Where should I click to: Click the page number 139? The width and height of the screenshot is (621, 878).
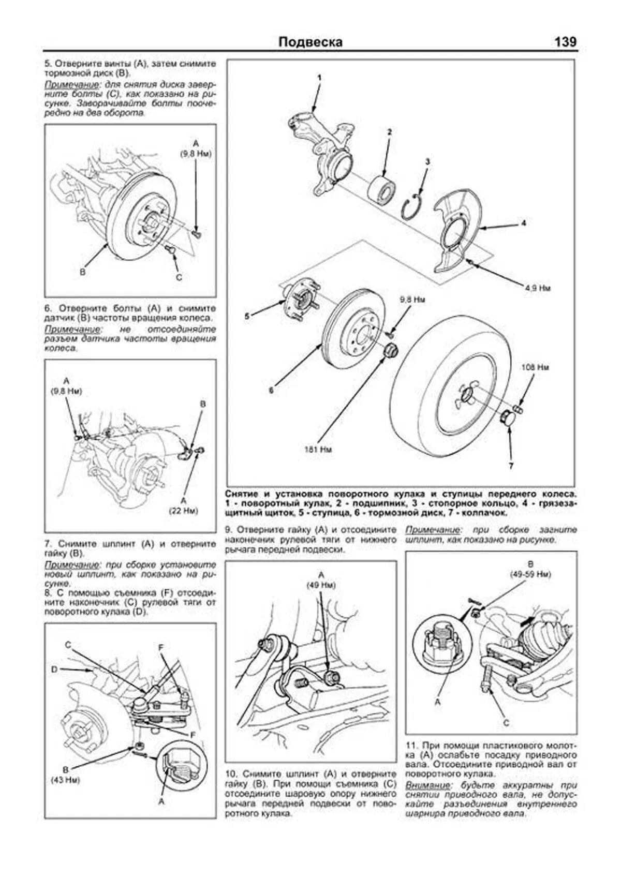(565, 42)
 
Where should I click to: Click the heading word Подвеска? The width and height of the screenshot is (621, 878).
(310, 42)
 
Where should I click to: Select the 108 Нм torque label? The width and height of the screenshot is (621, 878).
(535, 367)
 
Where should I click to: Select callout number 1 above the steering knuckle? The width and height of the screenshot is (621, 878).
(319, 78)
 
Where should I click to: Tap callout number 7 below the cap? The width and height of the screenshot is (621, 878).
(511, 466)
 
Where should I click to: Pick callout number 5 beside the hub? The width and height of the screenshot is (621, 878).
(247, 315)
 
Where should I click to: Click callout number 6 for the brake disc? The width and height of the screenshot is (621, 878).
(271, 390)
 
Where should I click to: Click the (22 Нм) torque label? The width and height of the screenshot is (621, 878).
(184, 510)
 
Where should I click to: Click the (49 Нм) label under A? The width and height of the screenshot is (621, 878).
(321, 585)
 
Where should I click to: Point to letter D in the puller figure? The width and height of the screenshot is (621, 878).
(54, 669)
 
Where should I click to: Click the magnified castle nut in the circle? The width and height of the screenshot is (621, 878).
(439, 642)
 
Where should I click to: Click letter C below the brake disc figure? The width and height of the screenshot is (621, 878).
(179, 277)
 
